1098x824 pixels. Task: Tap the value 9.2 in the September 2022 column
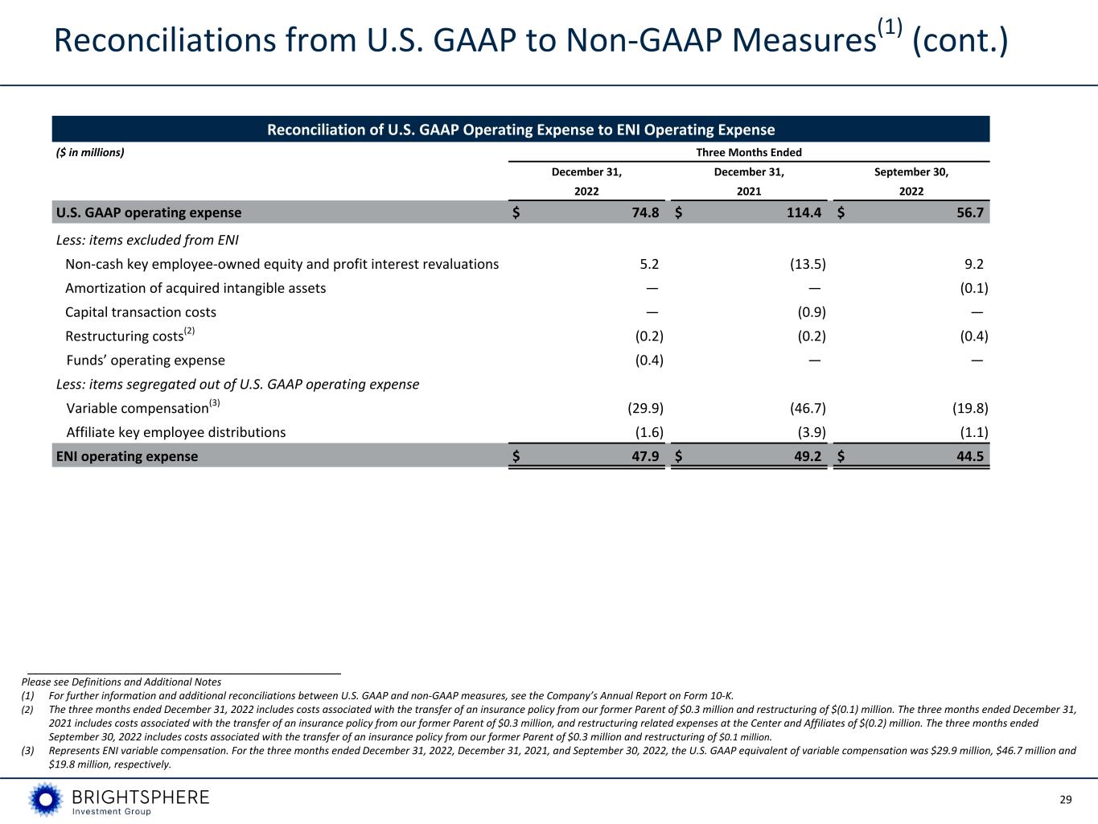975,264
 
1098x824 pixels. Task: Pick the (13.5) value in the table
808,264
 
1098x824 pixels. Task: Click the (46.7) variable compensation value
808,408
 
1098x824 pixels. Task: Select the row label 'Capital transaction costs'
141,312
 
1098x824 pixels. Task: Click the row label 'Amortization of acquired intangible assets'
195,288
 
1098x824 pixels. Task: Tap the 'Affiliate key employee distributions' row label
176,432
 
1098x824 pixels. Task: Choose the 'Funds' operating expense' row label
146,360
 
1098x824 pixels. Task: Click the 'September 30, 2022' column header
911,181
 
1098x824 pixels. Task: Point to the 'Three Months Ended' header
748,152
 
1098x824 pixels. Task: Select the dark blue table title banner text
520,130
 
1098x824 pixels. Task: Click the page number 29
1066,799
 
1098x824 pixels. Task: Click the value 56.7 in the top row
970,212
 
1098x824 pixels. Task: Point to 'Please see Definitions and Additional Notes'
121,682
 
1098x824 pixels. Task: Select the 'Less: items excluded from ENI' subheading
147,240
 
